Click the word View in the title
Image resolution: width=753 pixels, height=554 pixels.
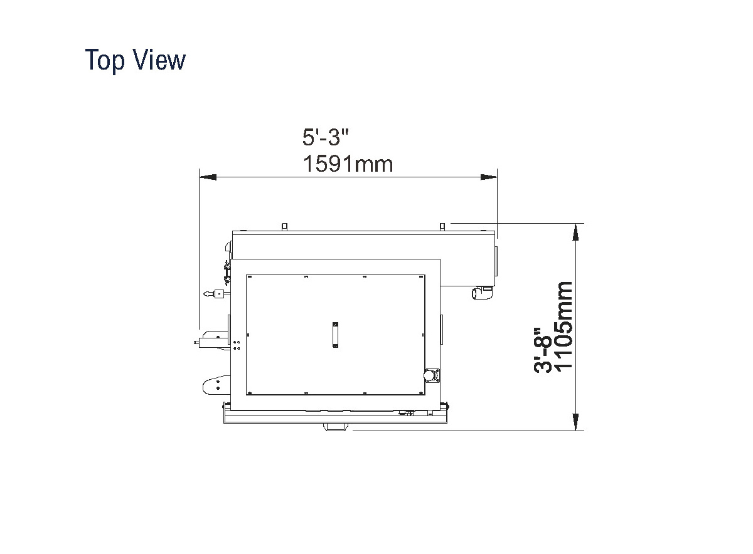click(159, 60)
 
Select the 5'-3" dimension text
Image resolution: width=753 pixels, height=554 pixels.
click(325, 137)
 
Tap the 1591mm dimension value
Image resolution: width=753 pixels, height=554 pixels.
click(348, 164)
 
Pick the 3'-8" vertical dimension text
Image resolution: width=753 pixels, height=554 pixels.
click(543, 350)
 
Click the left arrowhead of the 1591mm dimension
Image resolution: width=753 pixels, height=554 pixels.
click(208, 177)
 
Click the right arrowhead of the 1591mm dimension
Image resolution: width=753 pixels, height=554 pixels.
click(489, 177)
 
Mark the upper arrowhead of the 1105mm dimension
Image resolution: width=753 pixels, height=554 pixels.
click(575, 233)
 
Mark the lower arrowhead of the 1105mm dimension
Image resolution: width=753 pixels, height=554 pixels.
click(575, 421)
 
